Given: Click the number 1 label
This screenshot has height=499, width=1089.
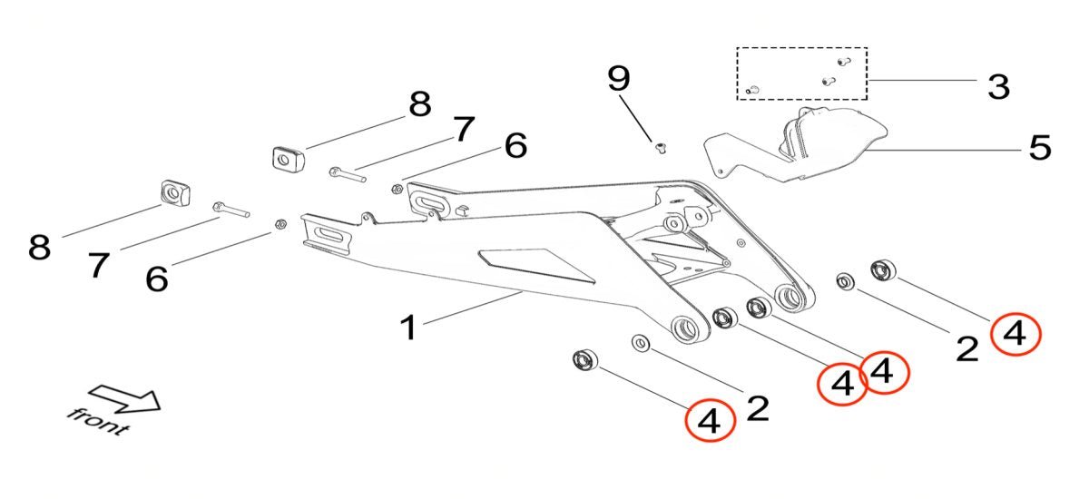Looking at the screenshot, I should pos(410,326).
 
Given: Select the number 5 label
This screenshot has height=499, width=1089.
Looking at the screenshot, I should pos(1038,147).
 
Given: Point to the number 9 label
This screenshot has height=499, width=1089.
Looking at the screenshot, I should pos(618,78).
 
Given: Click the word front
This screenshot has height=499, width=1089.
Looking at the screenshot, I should pos(97,420).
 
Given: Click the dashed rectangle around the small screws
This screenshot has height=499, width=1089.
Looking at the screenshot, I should pos(801,73).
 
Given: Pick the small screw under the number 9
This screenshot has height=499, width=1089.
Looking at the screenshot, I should pos(660,145).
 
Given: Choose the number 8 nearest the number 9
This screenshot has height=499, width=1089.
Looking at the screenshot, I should pos(419,104).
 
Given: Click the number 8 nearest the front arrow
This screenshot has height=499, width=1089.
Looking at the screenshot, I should pos(38,246).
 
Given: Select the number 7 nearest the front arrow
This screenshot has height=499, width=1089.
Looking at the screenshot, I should pos(99,265).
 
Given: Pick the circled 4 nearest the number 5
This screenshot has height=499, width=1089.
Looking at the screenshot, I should pos(1015,334).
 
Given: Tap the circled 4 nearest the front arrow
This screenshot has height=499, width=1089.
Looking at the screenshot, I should pos(709,421).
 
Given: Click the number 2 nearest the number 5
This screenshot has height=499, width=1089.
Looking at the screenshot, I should pos(967,347).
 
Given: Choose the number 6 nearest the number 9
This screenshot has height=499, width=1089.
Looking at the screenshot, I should pos(515,145).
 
